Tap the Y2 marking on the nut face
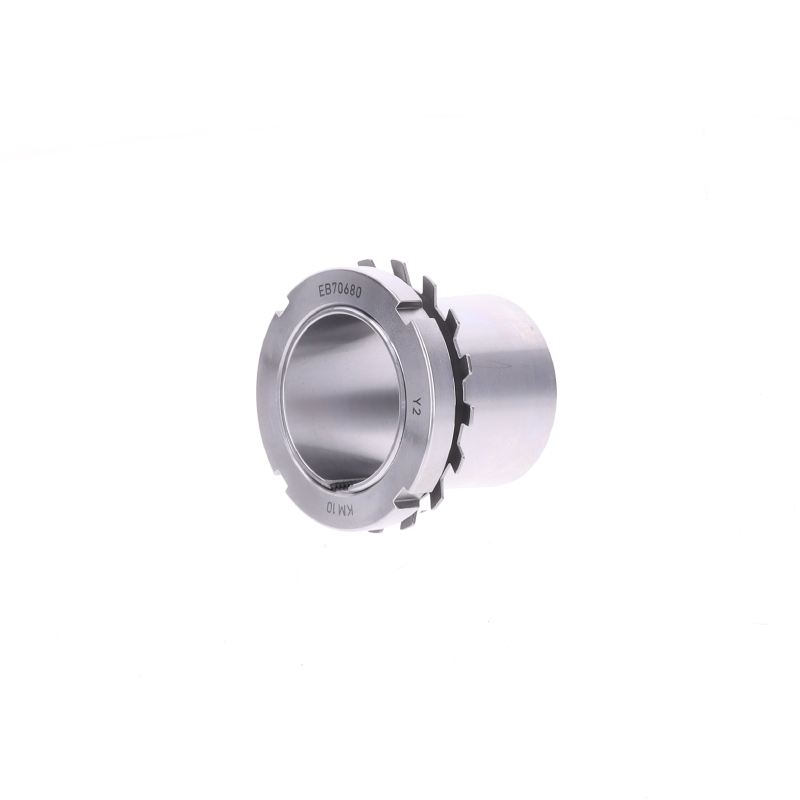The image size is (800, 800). point(417,404)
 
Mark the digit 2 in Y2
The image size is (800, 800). point(417,409)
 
